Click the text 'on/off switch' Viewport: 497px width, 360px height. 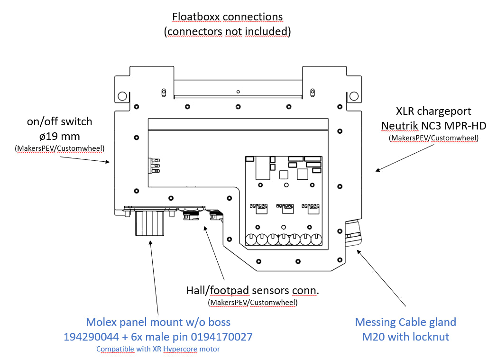(59, 121)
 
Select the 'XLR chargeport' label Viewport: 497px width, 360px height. (433, 111)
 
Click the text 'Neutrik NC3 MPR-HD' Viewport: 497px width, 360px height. (433, 125)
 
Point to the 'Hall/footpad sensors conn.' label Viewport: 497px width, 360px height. (252, 290)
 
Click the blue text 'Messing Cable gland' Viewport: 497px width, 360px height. (405, 322)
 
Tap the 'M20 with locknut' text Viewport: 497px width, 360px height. (405, 337)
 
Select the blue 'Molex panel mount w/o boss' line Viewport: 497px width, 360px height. (158, 322)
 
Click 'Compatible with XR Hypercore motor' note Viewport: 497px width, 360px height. (158, 349)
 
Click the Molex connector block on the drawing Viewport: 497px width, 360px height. (150, 223)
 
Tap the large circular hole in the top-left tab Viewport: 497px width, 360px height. (122, 95)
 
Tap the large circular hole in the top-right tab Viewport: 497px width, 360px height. (354, 96)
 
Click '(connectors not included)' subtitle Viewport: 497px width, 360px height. (227, 31)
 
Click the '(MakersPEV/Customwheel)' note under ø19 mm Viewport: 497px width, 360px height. (59, 149)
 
